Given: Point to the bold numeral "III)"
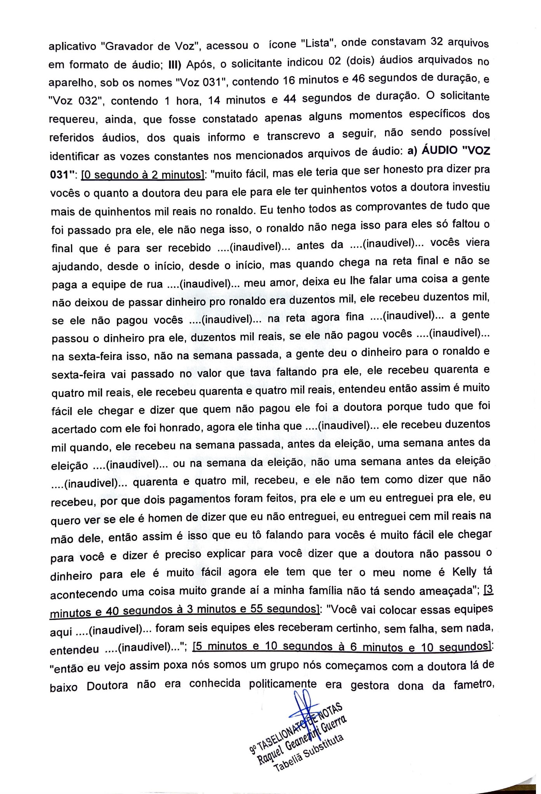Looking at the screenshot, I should coord(175,64).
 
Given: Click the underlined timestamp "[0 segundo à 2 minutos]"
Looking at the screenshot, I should coord(142,175).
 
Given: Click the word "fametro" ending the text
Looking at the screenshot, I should coord(472,684).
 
